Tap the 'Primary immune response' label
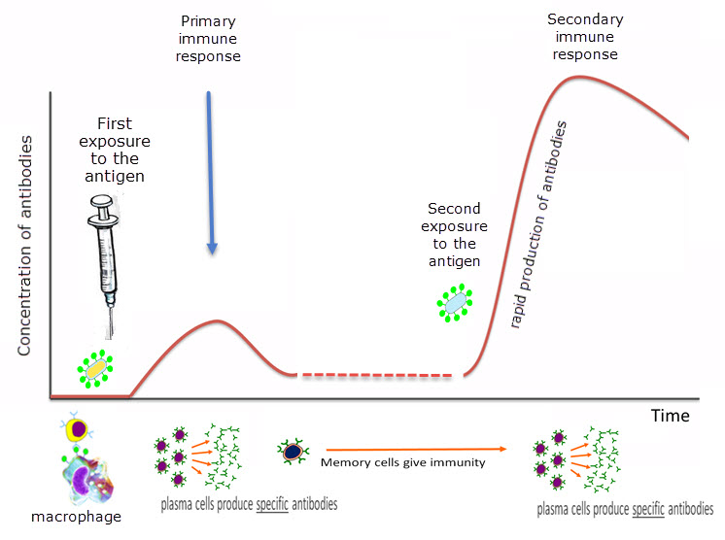coord(209,38)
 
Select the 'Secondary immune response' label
coord(585,37)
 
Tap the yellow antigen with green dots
coord(94,368)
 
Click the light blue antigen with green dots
coord(454,303)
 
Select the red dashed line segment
coord(376,375)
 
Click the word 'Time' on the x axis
coord(671,416)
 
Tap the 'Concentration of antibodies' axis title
coord(27,245)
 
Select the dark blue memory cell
coord(292,451)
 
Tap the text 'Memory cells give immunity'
coord(402,463)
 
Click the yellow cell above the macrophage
coord(77,430)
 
